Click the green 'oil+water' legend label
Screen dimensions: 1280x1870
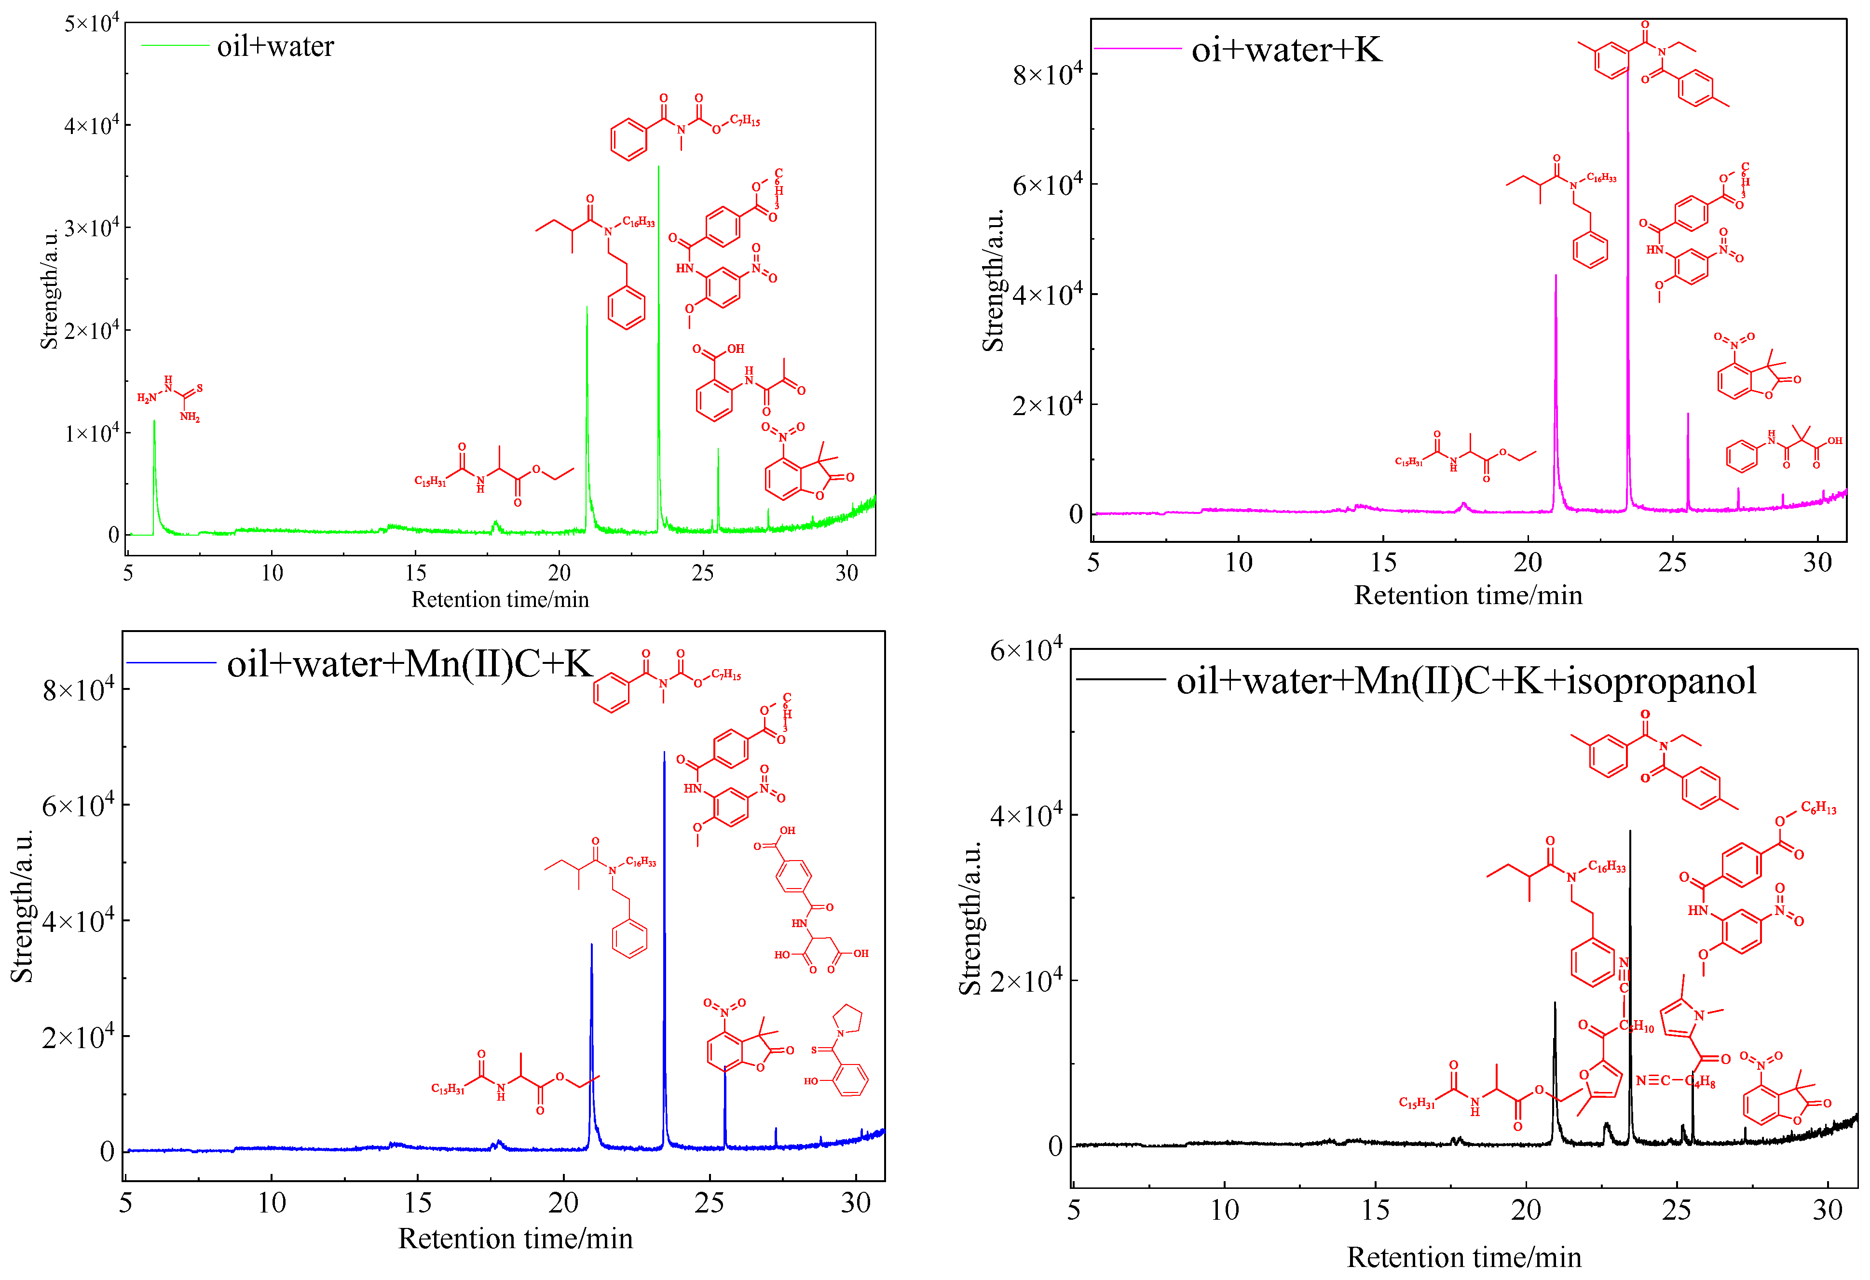tap(275, 47)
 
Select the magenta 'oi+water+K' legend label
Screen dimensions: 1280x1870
tap(1286, 50)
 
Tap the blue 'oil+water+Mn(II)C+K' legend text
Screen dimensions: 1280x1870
tap(409, 664)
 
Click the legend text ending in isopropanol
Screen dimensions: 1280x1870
tap(1466, 681)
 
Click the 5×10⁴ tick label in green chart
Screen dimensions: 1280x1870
tap(92, 23)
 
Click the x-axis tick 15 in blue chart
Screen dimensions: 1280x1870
tap(418, 1203)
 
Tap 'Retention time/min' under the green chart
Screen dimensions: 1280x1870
tap(500, 599)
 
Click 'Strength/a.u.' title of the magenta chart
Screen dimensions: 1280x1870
tap(993, 281)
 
